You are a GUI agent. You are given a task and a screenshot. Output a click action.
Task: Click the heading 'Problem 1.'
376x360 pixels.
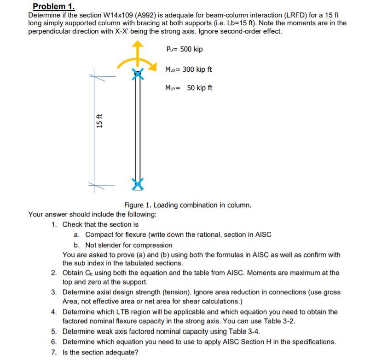pos(53,7)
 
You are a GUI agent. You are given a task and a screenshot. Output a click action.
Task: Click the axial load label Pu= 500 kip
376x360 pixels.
pos(184,49)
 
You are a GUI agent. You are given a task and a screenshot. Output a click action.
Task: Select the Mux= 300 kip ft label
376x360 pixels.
pos(188,69)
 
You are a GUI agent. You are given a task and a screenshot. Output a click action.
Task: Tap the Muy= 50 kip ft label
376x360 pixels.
pos(188,88)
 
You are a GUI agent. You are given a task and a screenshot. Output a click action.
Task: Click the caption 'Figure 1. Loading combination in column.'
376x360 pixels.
pos(187,205)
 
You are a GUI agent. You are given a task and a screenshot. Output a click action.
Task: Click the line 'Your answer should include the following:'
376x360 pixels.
pos(92,214)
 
